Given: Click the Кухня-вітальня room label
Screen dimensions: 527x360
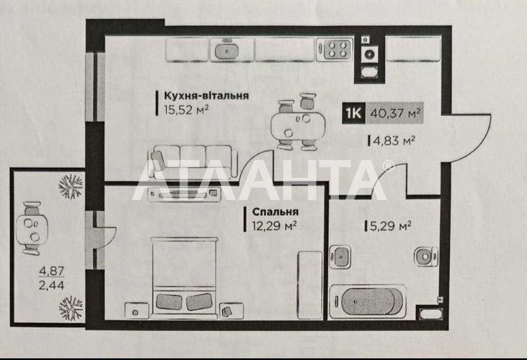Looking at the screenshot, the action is [206, 96].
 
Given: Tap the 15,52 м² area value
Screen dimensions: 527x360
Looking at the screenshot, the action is [186, 110].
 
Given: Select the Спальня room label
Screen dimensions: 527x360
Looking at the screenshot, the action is [275, 212].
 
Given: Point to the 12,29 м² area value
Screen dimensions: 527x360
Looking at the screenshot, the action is [274, 226].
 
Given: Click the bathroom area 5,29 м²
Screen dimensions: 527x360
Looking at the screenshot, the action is [390, 226].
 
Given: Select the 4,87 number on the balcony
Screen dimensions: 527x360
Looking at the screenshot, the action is [52, 271].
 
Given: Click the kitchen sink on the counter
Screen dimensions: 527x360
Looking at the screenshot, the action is [227, 50].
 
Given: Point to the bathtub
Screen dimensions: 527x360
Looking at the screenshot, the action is [367, 301].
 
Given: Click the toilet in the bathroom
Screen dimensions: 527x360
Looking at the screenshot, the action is [426, 257].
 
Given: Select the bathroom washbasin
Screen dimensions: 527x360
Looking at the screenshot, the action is [340, 256].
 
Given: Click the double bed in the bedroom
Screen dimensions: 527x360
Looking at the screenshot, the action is [184, 277].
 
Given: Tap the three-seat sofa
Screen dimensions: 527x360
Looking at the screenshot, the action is [192, 162].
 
